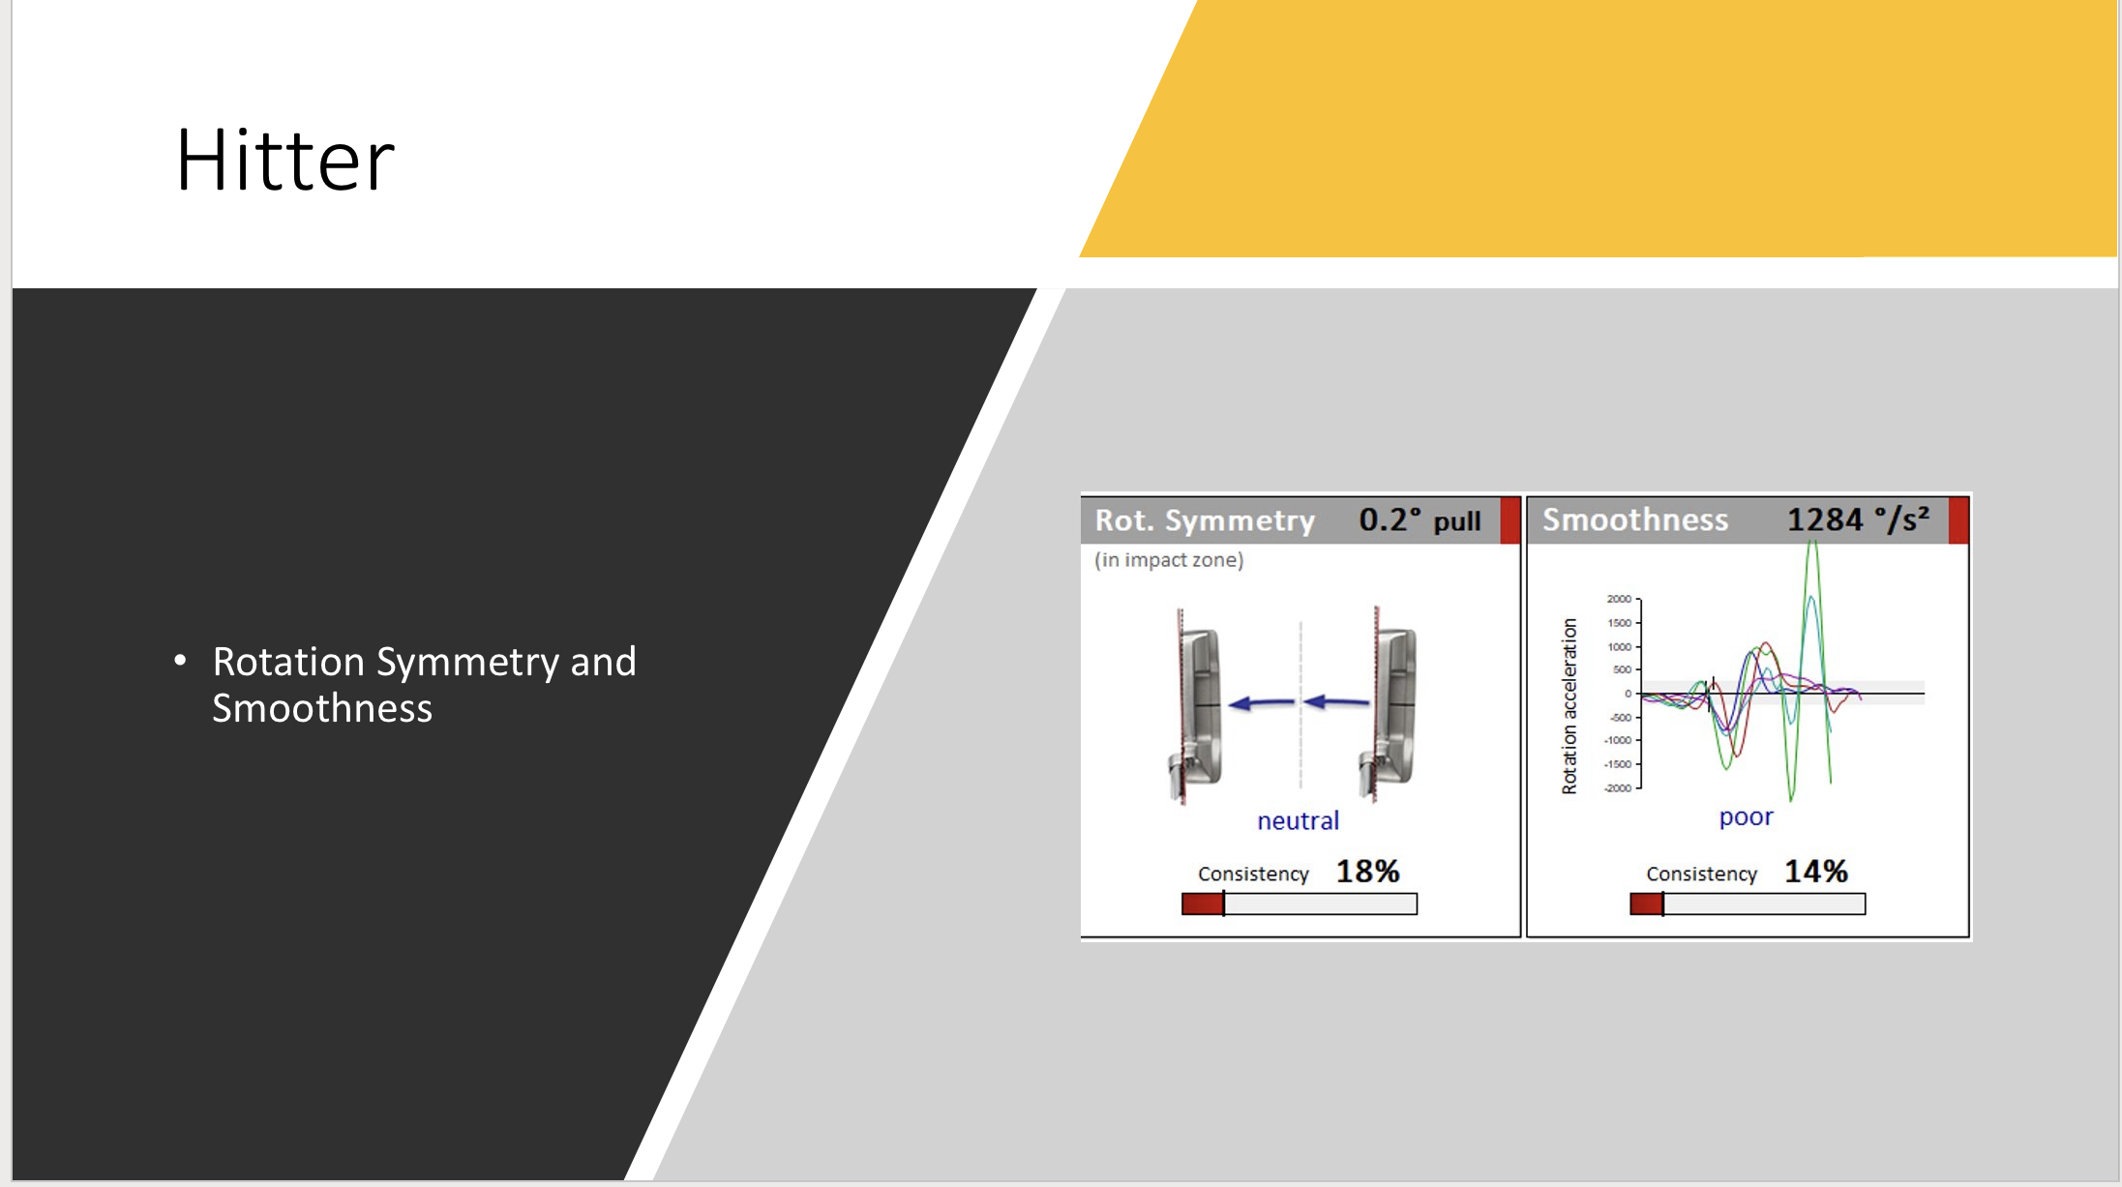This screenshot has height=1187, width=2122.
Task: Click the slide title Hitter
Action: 285,160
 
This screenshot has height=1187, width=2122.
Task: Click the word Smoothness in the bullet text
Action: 322,709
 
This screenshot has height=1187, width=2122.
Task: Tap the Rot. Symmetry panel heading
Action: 1205,520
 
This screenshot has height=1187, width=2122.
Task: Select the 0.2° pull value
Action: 1420,520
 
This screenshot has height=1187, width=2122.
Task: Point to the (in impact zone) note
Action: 1169,560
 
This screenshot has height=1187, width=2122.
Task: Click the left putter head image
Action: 1198,706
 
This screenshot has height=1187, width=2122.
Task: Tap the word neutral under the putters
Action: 1298,820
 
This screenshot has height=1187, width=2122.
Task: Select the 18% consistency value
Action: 1367,872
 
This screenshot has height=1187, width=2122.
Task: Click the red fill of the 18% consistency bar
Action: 1203,904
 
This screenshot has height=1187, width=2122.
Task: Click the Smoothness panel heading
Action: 1635,519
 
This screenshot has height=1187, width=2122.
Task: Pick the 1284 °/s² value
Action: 1858,519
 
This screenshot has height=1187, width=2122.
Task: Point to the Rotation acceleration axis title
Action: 1569,706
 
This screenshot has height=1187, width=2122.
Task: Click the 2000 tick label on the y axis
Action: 1619,599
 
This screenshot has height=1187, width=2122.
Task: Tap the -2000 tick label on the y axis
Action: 1618,788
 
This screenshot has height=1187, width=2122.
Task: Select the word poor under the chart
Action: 1746,817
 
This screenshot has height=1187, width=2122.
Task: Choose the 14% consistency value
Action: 1816,872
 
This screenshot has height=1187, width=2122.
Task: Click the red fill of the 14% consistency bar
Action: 1647,904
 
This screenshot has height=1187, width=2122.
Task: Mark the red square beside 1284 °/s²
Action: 1958,519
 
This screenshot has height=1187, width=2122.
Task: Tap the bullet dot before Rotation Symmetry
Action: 180,661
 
